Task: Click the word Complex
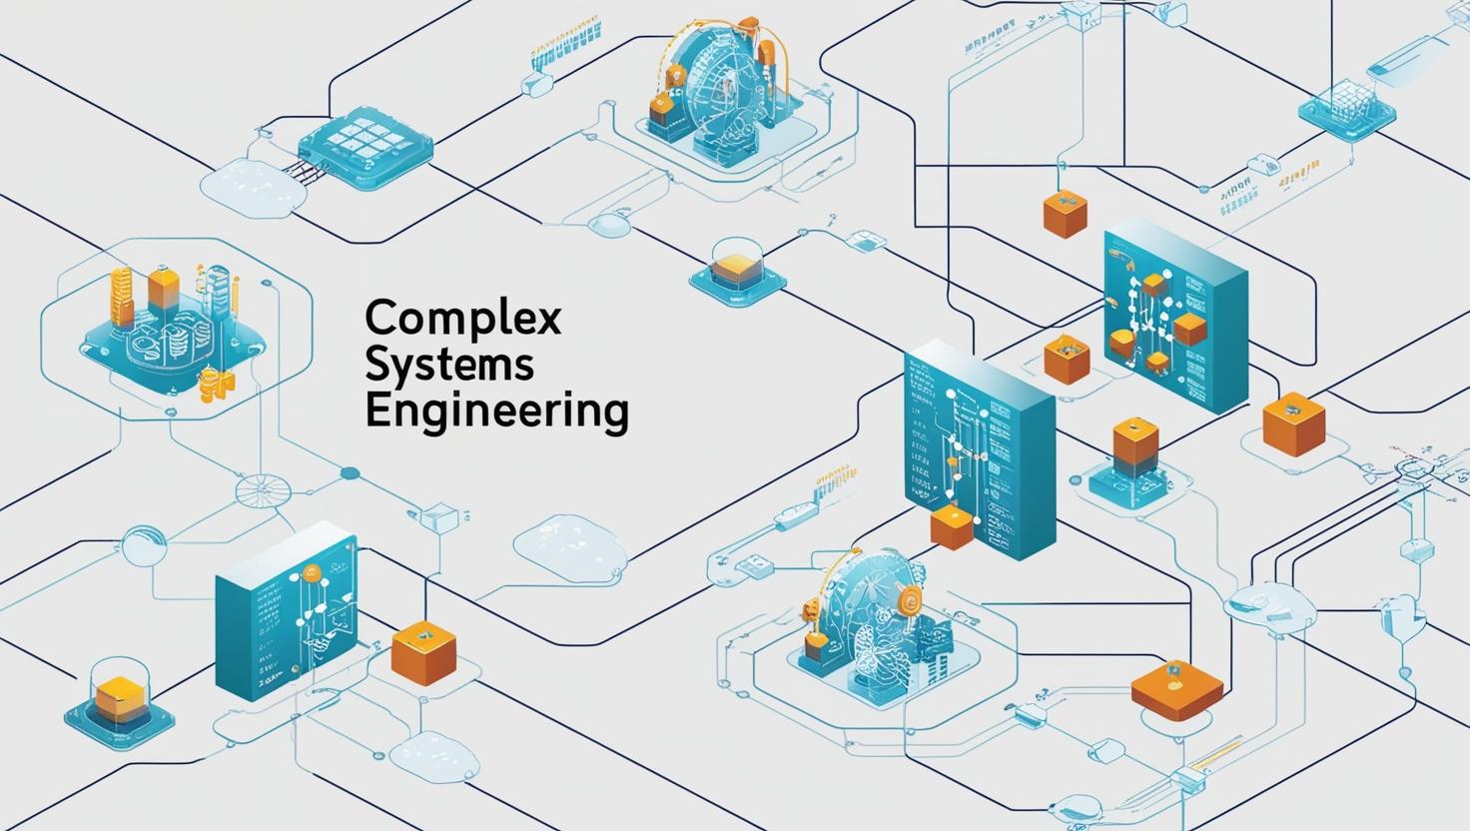tap(463, 318)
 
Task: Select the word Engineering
tap(496, 412)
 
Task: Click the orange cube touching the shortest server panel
tap(423, 653)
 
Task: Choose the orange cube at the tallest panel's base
tap(951, 525)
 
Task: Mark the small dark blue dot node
tap(350, 473)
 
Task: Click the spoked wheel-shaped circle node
tap(263, 492)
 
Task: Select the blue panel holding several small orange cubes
tap(1175, 319)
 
